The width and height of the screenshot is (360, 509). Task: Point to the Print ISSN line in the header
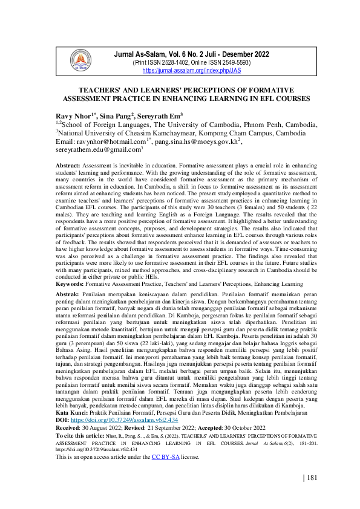point(182,63)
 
